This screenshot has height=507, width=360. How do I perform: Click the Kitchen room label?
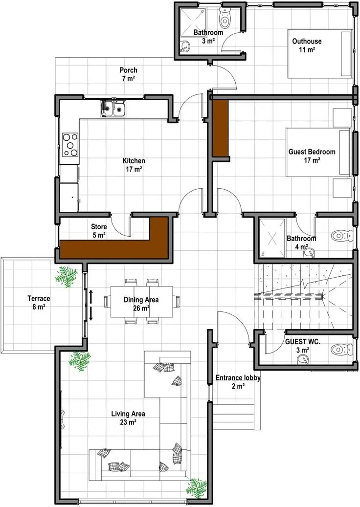134,165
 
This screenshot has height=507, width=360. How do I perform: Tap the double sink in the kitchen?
112,109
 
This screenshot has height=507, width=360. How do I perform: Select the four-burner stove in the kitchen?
70,145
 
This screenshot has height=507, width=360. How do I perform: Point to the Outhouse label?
307,45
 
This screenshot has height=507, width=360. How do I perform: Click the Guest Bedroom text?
312,155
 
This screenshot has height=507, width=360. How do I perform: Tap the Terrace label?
39,303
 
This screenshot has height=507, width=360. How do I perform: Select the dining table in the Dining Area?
142,302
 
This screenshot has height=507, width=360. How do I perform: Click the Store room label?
99,231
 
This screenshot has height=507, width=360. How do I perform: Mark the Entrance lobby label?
238,381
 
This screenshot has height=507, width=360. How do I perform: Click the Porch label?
129,74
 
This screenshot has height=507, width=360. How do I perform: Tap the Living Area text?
128,418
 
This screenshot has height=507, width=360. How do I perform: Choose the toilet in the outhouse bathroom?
224,19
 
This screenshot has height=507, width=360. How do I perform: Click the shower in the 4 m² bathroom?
272,238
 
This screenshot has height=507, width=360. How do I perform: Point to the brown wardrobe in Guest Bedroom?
220,129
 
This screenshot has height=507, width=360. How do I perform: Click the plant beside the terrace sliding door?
67,277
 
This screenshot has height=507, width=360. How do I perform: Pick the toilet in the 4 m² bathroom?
342,236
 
